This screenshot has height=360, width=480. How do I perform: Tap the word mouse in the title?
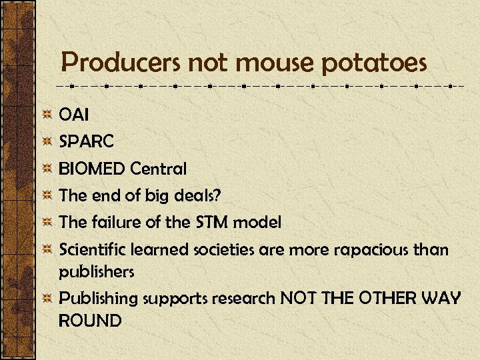click(273, 64)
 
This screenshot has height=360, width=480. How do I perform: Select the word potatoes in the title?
click(374, 64)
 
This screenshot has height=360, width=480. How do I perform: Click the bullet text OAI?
click(73, 115)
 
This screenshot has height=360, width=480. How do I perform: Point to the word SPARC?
click(87, 141)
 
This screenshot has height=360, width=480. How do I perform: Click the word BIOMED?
click(92, 169)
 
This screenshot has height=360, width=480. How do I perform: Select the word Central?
click(159, 169)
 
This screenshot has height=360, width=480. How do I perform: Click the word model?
click(259, 222)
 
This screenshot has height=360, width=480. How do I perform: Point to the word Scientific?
click(93, 249)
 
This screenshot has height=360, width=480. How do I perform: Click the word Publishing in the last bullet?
click(99, 299)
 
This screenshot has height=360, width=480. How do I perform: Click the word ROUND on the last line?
click(90, 321)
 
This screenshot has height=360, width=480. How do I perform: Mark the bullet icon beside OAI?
click(47, 115)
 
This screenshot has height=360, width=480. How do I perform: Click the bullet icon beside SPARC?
click(47, 141)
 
